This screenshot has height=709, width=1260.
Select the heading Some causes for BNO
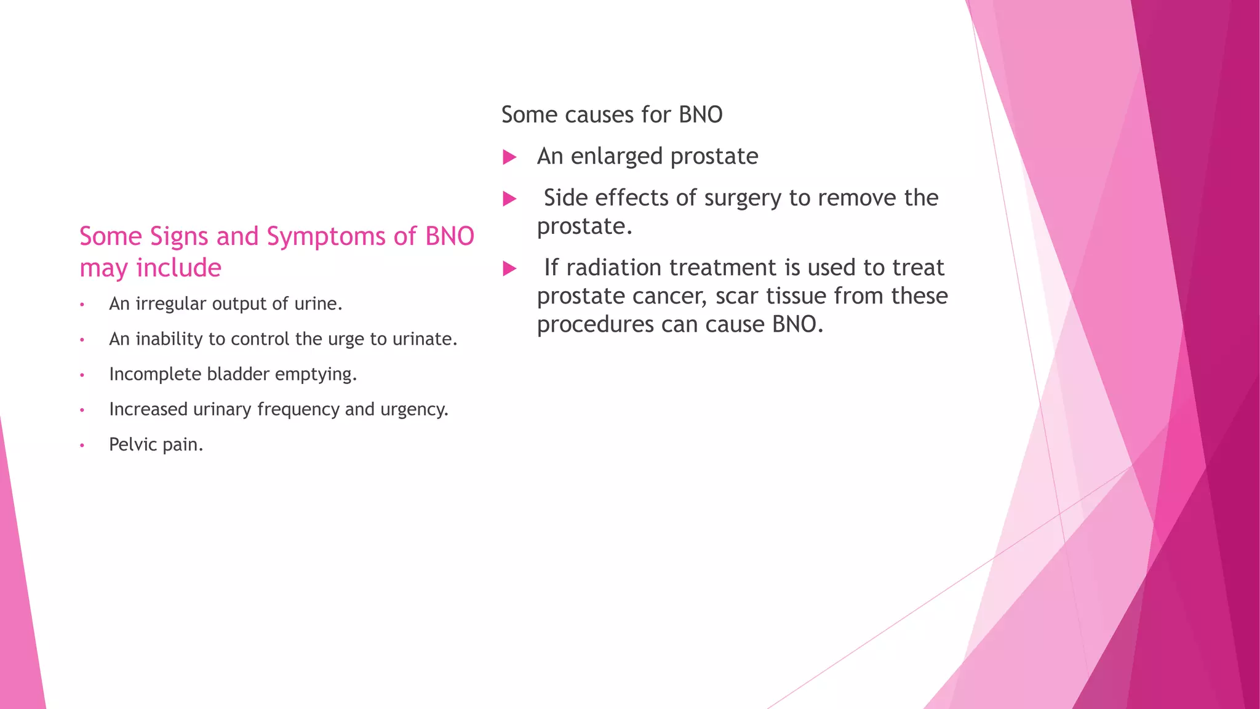612,115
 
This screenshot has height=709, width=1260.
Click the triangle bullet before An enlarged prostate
509,158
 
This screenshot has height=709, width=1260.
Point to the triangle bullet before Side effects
509,199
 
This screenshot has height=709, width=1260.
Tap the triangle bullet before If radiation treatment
509,269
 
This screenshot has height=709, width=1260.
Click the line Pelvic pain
156,444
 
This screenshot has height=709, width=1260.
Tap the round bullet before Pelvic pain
82,446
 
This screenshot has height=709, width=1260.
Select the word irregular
170,304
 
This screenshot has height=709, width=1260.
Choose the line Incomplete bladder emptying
233,374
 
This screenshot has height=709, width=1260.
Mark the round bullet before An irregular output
82,305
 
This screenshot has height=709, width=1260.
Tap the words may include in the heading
150,268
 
